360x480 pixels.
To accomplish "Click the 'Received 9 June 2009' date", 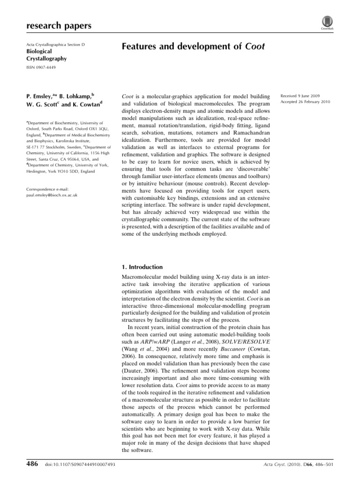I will click(300, 95).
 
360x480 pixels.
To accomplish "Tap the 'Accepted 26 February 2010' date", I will click(305, 102).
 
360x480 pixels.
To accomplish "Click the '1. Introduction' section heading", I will click(142, 267).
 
